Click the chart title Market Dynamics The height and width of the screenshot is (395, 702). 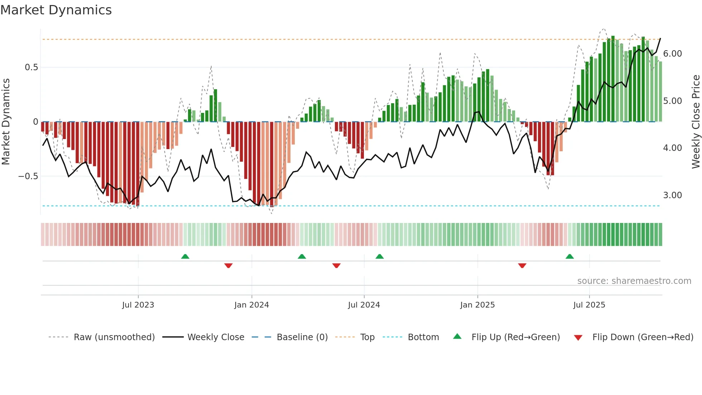(56, 10)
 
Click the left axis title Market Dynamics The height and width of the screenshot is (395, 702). (6, 122)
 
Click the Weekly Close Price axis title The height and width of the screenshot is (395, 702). (696, 122)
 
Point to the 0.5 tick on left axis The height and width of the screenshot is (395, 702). (31, 67)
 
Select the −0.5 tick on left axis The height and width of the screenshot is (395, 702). (28, 176)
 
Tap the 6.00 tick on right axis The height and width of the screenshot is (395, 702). (672, 54)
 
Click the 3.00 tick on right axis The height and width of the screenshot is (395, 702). (672, 195)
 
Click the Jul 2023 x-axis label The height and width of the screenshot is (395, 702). (138, 305)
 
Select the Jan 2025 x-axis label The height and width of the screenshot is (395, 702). (477, 305)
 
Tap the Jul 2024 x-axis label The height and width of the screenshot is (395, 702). (364, 305)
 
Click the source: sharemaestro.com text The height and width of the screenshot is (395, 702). (634, 281)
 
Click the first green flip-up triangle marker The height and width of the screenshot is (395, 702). (185, 257)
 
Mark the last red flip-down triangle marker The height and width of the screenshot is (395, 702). (522, 266)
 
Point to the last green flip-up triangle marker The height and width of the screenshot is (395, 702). (569, 257)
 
